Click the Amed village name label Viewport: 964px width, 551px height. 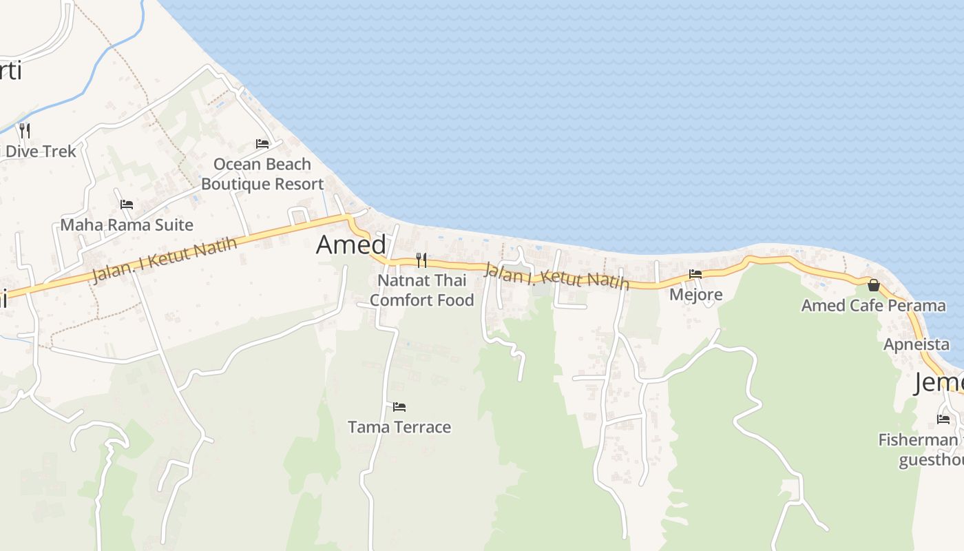coord(351,245)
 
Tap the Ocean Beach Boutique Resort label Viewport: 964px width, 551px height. coord(262,174)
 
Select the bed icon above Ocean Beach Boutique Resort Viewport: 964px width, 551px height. coord(262,144)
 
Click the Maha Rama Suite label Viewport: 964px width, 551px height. coord(127,225)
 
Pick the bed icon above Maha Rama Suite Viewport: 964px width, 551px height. coord(127,205)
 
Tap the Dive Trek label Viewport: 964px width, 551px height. coord(41,152)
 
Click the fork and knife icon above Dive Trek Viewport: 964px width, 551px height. coord(25,130)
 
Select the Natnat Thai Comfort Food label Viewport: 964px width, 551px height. coord(422,290)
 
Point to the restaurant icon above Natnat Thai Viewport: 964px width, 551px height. coord(421,260)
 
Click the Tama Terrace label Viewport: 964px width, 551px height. coord(399,427)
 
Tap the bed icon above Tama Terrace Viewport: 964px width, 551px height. coord(399,407)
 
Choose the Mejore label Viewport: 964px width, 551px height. coord(696,295)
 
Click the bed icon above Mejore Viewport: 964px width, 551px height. coord(695,274)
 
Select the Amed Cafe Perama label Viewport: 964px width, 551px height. coord(873,305)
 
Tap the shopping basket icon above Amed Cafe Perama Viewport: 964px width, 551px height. coord(874,284)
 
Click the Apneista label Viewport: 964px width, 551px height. coord(916,344)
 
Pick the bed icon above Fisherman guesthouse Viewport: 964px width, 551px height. coord(943,419)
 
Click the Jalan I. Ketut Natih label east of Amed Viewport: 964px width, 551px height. coord(556,275)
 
